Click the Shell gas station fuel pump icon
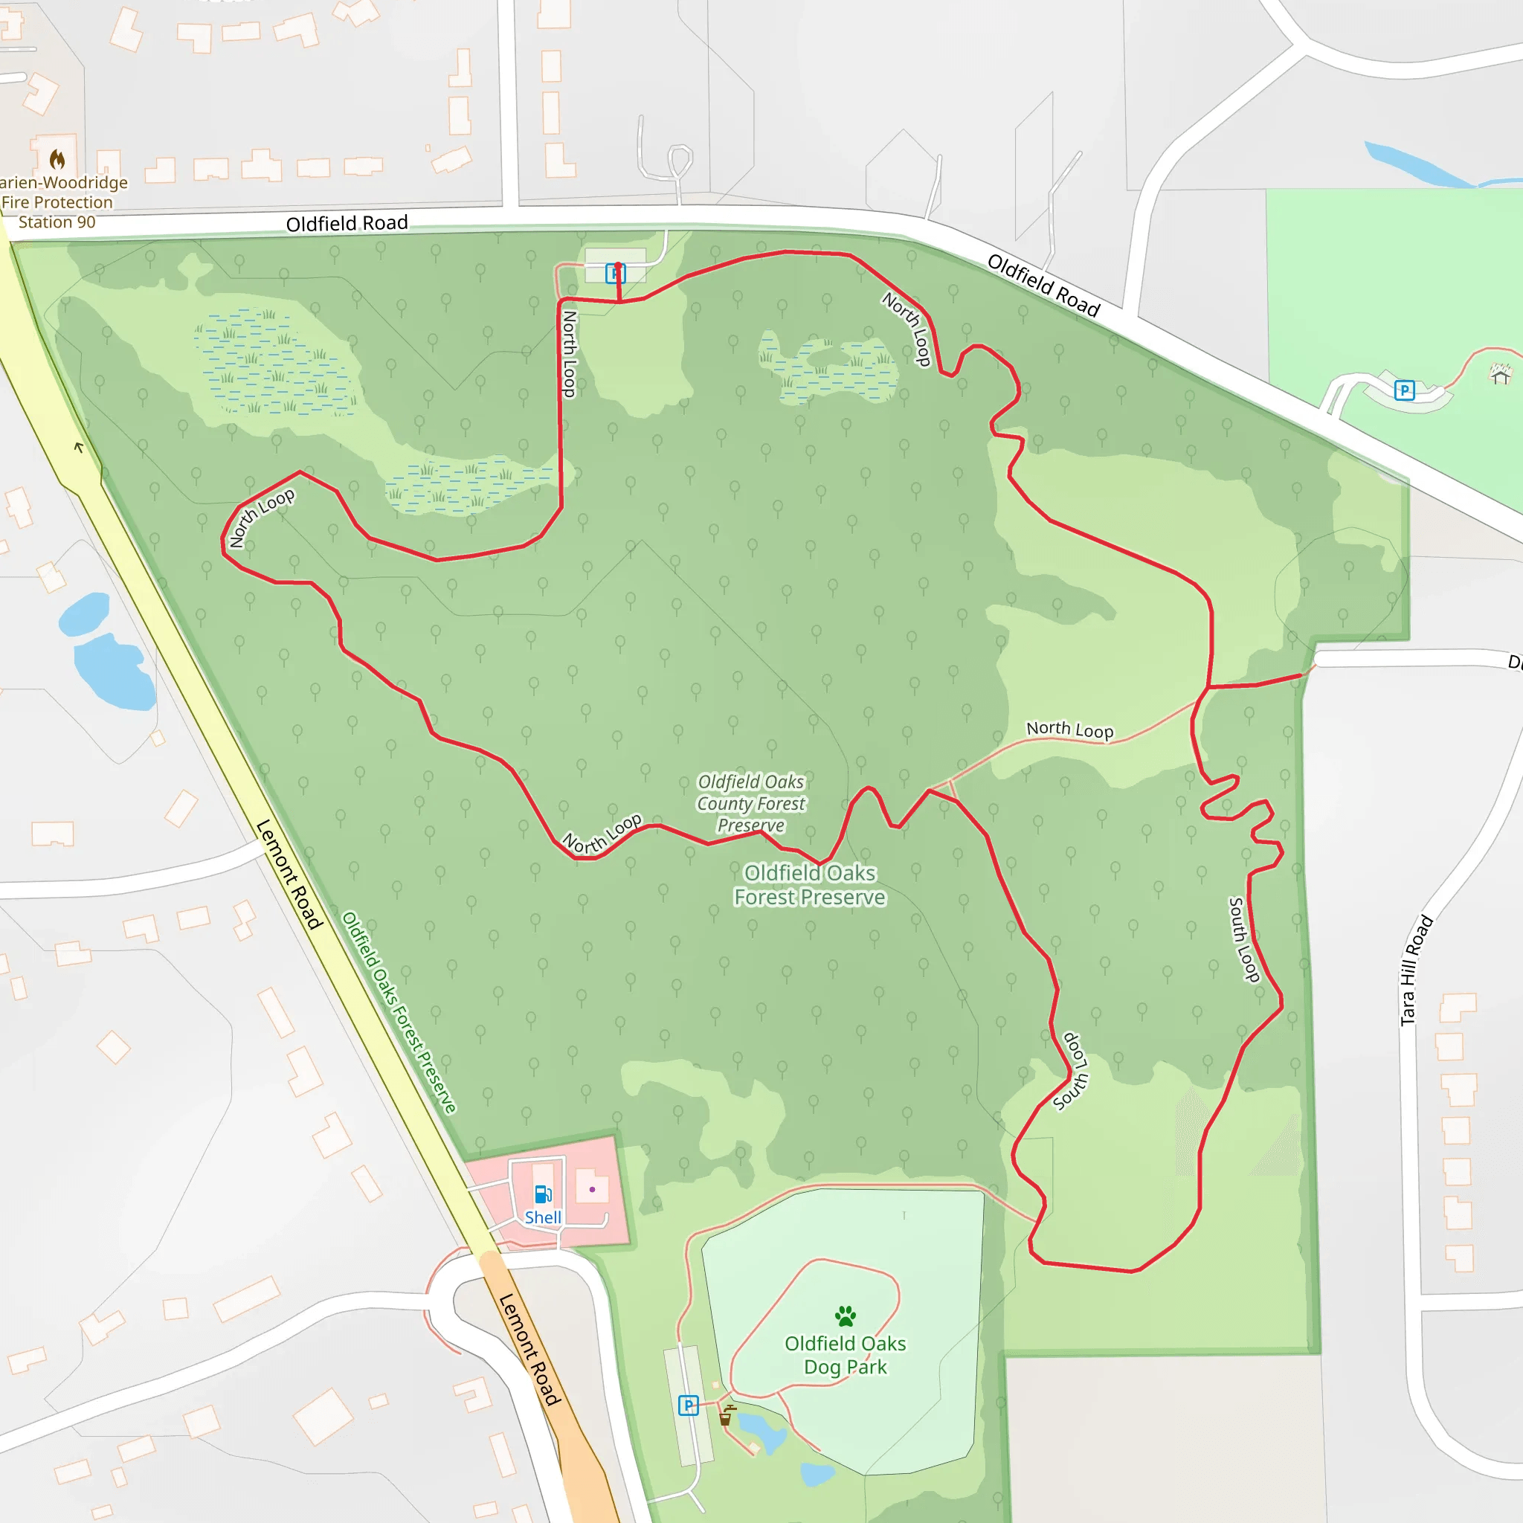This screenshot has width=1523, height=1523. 543,1194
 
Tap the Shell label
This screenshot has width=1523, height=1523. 543,1217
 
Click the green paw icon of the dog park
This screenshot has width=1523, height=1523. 845,1315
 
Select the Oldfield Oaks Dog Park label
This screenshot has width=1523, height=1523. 845,1355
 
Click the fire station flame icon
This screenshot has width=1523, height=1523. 57,160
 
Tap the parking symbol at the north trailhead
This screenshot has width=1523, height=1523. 615,274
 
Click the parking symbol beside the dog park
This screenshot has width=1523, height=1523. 688,1406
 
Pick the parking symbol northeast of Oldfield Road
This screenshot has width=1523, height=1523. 1404,390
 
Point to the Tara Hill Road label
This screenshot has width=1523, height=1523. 1416,970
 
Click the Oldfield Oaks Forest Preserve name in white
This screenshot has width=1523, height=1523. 810,885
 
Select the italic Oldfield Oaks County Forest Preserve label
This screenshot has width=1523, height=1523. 751,803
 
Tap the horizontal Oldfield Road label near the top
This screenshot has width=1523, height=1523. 347,223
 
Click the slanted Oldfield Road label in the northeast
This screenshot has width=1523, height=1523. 1043,286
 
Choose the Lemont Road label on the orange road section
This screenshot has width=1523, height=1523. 530,1350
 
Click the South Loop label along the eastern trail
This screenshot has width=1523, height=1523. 1244,940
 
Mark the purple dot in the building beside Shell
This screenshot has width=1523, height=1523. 592,1190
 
